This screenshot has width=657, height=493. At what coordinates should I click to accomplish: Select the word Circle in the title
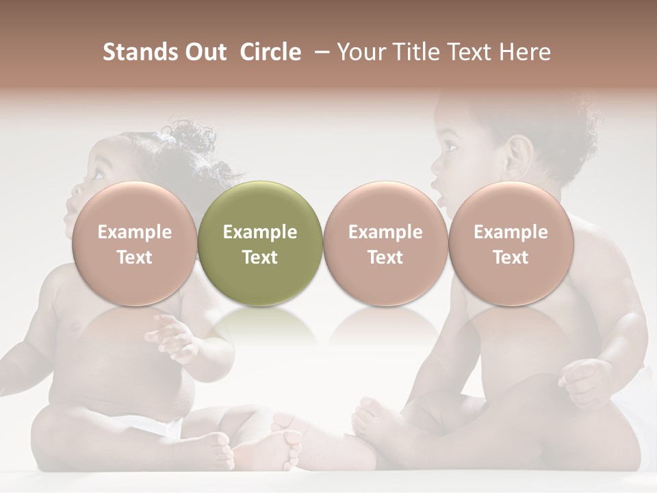click(270, 52)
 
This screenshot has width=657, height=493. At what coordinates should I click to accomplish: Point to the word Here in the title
click(526, 52)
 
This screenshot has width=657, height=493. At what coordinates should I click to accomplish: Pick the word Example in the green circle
click(260, 232)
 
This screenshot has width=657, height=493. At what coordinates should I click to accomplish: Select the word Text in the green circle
click(260, 257)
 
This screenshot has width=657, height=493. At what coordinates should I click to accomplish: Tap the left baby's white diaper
click(162, 425)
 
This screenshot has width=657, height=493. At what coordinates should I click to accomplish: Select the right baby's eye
click(451, 146)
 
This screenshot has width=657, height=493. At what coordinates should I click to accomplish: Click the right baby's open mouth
click(440, 200)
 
